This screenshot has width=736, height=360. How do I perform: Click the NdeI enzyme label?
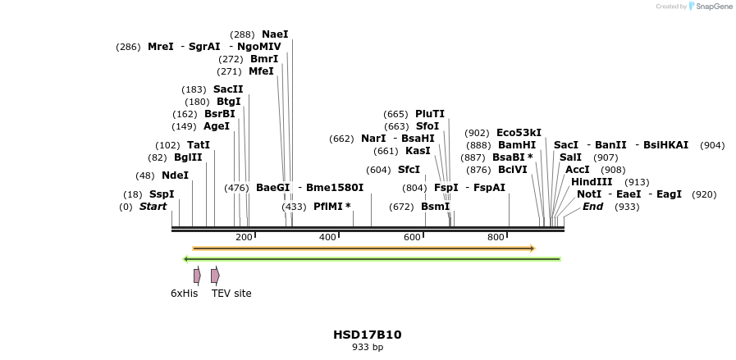(x=175, y=175)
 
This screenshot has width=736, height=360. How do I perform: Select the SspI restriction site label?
(x=162, y=194)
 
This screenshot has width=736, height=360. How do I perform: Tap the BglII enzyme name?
(x=188, y=157)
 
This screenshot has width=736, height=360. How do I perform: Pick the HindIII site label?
(x=592, y=182)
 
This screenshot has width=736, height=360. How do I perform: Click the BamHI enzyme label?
(x=517, y=145)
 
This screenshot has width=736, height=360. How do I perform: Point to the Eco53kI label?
(x=519, y=133)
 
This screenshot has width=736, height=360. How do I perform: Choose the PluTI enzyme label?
(x=430, y=114)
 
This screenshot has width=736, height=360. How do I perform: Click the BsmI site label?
(x=436, y=207)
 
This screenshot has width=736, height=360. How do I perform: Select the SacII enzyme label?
(x=228, y=89)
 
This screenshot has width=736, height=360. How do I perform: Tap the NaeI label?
(x=275, y=34)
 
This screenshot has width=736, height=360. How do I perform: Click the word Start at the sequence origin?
(x=153, y=207)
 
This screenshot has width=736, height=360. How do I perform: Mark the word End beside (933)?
(x=592, y=207)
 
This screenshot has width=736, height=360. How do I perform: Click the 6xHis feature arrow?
(x=197, y=276)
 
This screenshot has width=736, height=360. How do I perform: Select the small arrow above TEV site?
(x=215, y=276)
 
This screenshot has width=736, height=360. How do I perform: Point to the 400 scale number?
(x=328, y=237)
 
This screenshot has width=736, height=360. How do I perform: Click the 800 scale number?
(x=496, y=237)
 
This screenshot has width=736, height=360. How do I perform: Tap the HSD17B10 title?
(x=367, y=335)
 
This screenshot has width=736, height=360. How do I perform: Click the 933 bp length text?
(x=367, y=348)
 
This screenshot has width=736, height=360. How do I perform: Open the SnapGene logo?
(x=711, y=7)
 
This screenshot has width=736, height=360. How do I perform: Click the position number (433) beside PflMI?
(x=294, y=207)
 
